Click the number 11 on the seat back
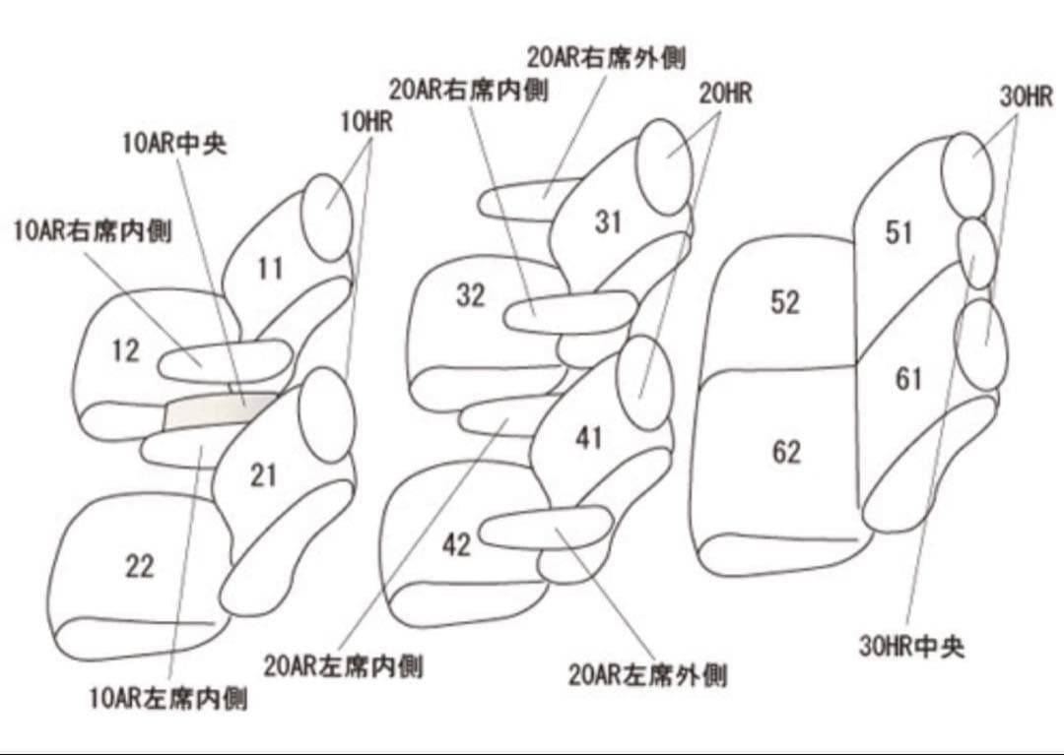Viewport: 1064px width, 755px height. point(270,268)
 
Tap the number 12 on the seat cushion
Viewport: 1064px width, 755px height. point(125,350)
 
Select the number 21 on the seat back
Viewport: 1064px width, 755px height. point(263,475)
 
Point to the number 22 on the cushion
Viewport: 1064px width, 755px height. point(139,566)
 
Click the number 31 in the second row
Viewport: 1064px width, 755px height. point(608,222)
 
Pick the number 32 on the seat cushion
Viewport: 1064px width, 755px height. point(471,294)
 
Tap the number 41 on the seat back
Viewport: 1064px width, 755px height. point(588,437)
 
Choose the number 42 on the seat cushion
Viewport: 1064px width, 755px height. point(456,544)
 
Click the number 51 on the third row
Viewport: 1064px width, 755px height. point(898,233)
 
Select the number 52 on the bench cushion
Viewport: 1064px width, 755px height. point(784,302)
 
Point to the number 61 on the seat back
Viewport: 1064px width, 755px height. point(908,378)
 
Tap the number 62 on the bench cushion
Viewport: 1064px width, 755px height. point(785,453)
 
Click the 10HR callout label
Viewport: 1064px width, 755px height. point(366,123)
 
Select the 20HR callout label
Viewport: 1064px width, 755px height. point(725,94)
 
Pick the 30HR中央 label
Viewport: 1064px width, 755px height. point(911,647)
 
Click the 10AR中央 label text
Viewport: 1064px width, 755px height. point(174,144)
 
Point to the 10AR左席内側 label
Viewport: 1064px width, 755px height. point(167,700)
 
